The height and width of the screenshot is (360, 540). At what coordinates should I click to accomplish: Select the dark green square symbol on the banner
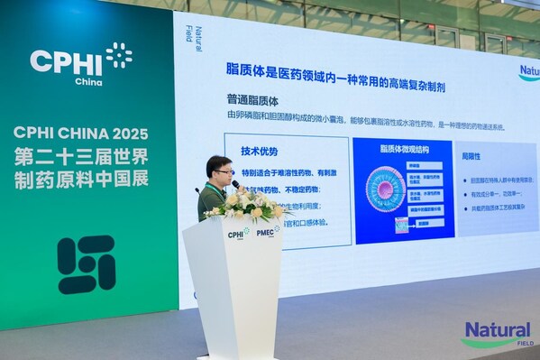tap(87, 264)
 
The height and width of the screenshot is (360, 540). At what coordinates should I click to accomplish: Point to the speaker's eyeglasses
tap(223, 171)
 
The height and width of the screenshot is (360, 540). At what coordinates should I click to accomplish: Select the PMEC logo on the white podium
tap(268, 232)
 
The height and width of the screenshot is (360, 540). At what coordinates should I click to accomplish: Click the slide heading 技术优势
tap(260, 151)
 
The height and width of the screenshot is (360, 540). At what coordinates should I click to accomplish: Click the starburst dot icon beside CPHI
tap(118, 55)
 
